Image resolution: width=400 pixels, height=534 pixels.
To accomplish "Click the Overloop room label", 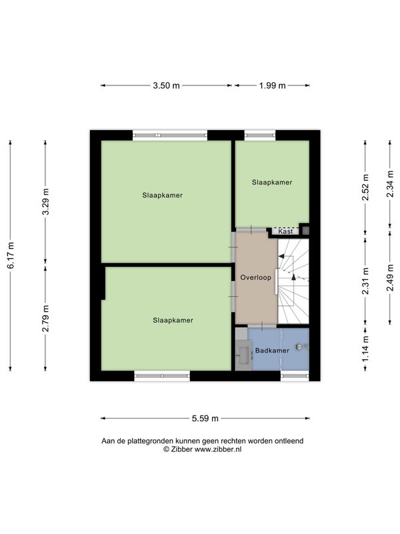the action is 256,278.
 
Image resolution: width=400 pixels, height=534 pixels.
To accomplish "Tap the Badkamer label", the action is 272,350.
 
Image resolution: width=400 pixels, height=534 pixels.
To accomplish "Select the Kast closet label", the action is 285,231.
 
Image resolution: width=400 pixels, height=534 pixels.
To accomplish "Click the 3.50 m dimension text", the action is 166,85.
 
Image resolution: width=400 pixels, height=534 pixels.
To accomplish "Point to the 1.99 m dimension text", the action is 272,85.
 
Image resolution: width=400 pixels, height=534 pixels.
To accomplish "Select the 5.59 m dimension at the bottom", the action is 205,419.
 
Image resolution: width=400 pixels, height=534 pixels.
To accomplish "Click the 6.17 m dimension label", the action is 11,256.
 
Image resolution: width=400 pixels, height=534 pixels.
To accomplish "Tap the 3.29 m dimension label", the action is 45,202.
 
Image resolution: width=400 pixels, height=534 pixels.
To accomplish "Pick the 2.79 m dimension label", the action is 45,318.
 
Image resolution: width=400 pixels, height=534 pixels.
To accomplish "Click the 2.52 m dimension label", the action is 365,188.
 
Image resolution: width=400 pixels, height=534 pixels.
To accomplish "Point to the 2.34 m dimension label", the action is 390,184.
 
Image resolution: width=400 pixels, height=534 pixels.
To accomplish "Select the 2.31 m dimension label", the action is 365,281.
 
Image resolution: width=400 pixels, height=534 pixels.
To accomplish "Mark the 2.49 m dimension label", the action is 390,278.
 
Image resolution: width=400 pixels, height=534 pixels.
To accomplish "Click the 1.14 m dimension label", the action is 365,349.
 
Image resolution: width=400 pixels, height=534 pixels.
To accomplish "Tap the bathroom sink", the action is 244,355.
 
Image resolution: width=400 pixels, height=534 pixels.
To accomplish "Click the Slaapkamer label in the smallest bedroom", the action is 272,182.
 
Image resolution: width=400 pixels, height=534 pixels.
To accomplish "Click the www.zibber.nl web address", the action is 218,449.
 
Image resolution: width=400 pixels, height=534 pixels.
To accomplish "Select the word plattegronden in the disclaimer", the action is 155,441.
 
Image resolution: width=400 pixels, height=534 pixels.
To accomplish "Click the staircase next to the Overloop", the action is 293,281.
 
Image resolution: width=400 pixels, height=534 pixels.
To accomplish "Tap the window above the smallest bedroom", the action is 260,136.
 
